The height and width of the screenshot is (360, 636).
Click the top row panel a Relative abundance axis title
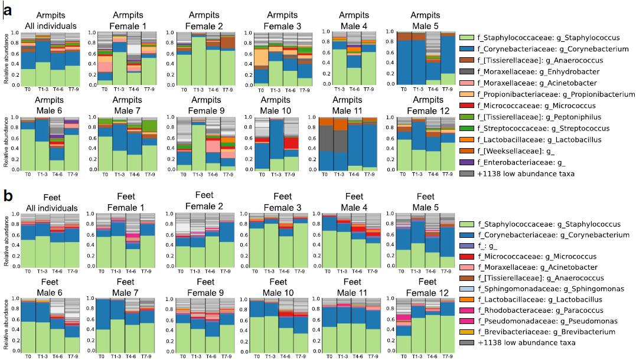(5, 59)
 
